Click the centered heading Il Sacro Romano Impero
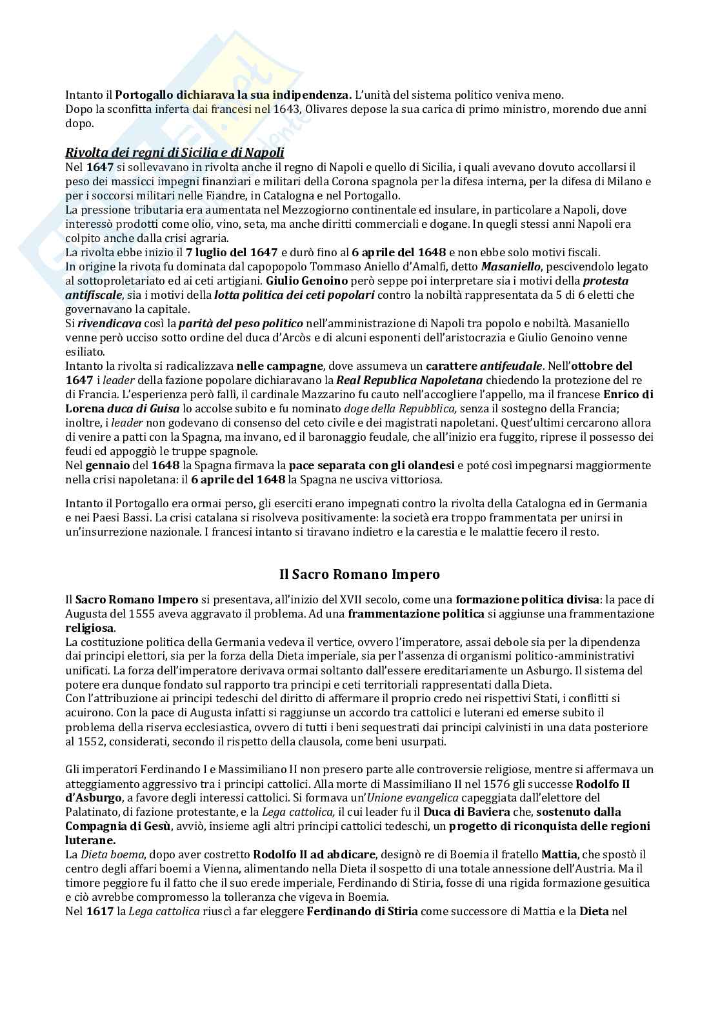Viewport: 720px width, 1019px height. point(359,574)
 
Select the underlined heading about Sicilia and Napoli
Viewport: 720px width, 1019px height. point(175,153)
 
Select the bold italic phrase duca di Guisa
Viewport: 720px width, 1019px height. point(123,409)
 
